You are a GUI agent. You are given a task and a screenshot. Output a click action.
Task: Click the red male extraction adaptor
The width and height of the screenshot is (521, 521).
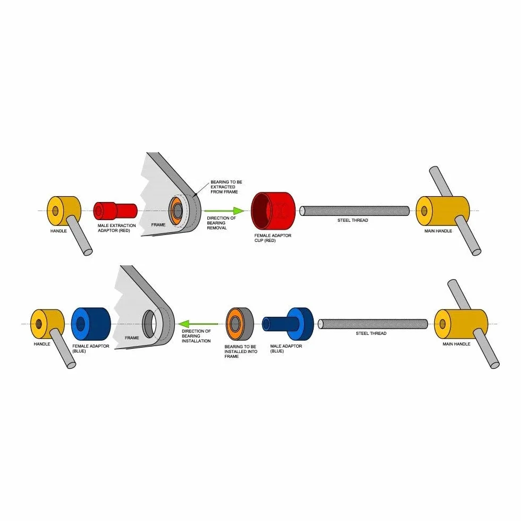[115, 211]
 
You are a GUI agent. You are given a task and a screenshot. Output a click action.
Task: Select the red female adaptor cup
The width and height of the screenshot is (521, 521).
[273, 211]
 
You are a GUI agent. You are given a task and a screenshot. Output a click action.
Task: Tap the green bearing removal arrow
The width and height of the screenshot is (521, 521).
[224, 211]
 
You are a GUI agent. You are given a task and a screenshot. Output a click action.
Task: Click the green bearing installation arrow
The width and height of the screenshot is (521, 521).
[198, 324]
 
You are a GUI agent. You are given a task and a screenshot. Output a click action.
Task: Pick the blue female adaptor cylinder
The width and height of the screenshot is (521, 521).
[91, 324]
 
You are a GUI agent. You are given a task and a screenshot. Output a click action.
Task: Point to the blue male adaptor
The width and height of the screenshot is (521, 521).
[288, 324]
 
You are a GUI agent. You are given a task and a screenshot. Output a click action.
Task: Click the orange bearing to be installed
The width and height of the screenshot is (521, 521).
[240, 324]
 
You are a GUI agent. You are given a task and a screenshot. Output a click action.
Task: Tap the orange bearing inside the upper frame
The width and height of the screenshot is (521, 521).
[176, 211]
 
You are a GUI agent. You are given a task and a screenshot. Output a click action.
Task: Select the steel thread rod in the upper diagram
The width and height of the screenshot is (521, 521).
[355, 211]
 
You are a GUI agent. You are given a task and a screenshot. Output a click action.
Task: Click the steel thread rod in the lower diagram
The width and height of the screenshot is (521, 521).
[373, 324]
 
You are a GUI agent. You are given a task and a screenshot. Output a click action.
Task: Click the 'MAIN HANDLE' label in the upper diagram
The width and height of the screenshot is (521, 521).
[438, 231]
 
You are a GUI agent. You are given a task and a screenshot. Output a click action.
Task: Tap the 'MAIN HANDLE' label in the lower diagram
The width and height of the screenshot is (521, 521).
[456, 344]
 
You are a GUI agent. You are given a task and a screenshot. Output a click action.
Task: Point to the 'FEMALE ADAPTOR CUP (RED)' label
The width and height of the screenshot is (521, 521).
[273, 238]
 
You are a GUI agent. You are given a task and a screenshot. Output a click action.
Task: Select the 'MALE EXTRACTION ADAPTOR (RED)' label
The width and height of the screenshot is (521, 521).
[116, 228]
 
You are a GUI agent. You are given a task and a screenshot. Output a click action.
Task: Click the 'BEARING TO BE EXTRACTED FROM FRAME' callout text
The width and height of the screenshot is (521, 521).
[226, 187]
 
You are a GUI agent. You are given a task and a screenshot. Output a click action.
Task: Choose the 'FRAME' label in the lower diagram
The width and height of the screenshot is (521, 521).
[132, 338]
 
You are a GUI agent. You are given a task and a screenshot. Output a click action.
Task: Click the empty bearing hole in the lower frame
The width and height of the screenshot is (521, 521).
[149, 323]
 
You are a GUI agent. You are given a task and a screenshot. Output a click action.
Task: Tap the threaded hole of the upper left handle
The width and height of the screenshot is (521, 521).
[55, 211]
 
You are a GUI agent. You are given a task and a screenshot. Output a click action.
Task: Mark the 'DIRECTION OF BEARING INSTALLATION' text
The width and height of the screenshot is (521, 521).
[196, 336]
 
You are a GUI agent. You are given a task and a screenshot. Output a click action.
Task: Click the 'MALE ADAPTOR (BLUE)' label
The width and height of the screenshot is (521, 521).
[286, 349]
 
